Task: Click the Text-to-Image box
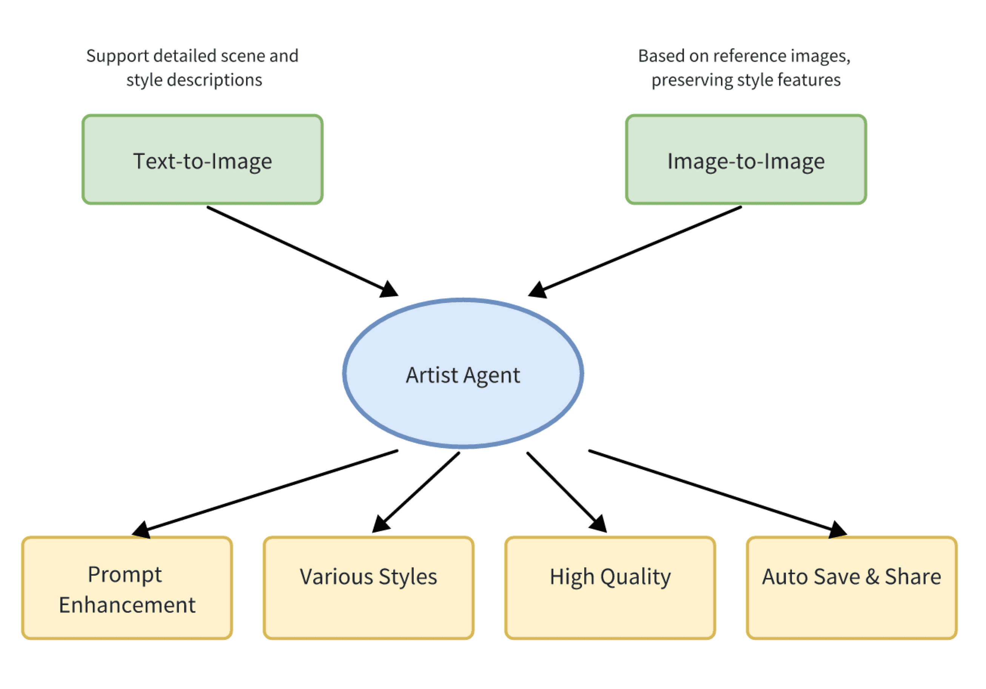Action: point(202,159)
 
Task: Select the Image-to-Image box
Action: point(746,159)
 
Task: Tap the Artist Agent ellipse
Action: point(463,374)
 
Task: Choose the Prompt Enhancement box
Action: point(127,587)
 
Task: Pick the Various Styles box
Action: point(368,587)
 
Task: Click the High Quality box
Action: point(610,587)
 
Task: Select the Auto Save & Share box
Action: point(852,587)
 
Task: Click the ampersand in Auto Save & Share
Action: point(872,577)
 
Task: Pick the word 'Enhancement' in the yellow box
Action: point(127,605)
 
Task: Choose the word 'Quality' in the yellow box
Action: point(635,577)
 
